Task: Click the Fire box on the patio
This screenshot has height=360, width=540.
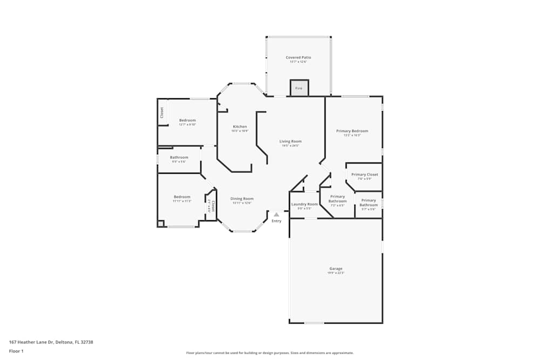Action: point(299,88)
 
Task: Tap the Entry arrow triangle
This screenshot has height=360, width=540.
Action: point(276,215)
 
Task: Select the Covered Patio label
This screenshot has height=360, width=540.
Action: point(298,57)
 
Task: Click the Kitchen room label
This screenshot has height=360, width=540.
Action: point(240,126)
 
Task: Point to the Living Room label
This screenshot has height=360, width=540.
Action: point(291,141)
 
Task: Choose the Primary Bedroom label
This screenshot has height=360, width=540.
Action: point(352,131)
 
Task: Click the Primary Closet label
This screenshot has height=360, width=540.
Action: point(364,174)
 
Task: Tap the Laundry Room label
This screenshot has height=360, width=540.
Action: point(305,204)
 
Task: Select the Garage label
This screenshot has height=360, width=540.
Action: point(336,268)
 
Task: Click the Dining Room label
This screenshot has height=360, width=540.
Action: point(242,199)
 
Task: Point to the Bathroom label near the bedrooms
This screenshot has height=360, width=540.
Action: point(179,157)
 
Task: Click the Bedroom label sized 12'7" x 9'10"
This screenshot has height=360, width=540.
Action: point(187,120)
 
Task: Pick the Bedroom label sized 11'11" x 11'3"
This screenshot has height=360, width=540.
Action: point(181,196)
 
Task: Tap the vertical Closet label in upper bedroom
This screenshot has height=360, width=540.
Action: point(161,112)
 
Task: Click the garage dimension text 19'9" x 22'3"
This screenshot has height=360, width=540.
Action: point(336,273)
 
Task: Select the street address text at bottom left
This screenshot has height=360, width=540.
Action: point(55,342)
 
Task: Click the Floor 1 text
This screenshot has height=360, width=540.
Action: point(16,351)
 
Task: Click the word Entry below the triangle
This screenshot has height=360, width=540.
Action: point(276,221)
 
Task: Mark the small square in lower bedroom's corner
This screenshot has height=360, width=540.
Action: point(160,223)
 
